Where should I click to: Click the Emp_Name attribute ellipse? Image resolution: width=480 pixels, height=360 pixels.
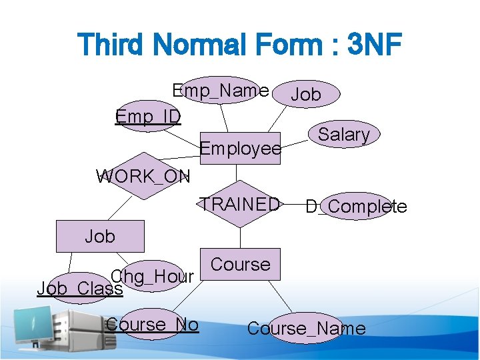tap(221, 90)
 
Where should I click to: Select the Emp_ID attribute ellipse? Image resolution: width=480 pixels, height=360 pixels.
tap(147, 116)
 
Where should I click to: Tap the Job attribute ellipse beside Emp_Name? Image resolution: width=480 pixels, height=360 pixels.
tap(306, 95)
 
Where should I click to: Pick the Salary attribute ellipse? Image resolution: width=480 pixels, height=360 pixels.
tap(344, 134)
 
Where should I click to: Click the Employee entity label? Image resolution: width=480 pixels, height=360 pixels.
tap(241, 149)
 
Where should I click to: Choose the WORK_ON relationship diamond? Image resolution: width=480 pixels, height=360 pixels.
tap(143, 177)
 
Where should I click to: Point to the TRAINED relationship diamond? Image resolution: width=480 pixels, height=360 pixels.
tap(241, 204)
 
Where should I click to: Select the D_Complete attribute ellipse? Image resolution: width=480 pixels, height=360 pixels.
tap(357, 207)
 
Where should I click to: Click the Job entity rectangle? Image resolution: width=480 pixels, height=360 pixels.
tap(100, 236)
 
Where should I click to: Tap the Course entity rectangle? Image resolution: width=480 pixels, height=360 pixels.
tap(240, 264)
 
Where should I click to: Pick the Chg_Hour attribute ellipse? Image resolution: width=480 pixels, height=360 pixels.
tap(153, 276)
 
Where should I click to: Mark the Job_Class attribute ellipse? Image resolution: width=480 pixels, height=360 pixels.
tap(80, 289)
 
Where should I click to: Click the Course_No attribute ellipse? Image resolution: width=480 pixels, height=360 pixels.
tap(153, 325)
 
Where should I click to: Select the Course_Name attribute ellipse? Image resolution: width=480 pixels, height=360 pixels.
tap(307, 328)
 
